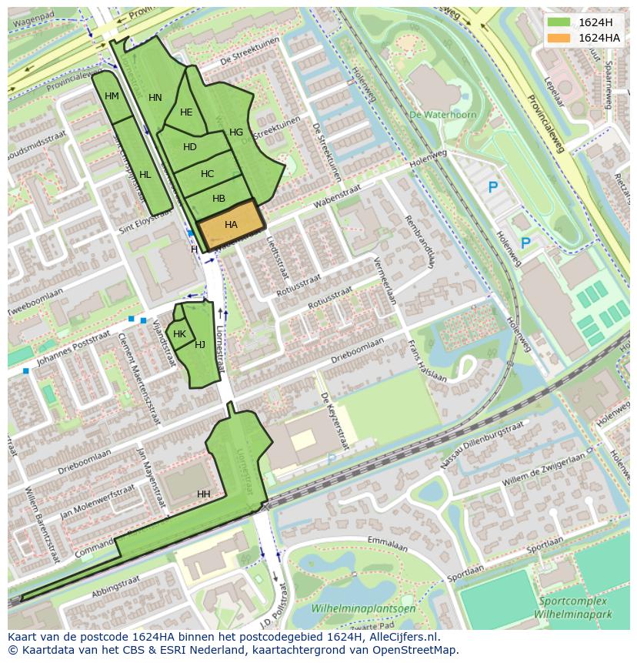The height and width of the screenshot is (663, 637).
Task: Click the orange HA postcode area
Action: (231, 224)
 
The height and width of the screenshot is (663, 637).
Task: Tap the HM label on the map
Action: (112, 96)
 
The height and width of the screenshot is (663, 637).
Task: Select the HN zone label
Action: (155, 98)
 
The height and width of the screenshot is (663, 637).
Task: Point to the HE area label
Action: (186, 112)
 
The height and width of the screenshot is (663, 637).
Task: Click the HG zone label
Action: (236, 132)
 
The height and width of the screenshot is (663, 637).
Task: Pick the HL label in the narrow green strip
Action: (145, 175)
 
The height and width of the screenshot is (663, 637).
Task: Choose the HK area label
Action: (179, 334)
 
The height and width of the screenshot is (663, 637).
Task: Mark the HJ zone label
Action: (200, 345)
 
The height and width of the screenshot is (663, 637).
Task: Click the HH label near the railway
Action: (203, 494)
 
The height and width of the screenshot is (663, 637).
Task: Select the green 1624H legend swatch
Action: (559, 22)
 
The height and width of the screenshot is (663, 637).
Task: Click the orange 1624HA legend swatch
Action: (559, 38)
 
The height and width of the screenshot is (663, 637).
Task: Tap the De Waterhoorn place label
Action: (443, 115)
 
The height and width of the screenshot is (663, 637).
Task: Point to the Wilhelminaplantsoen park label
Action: (363, 608)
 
